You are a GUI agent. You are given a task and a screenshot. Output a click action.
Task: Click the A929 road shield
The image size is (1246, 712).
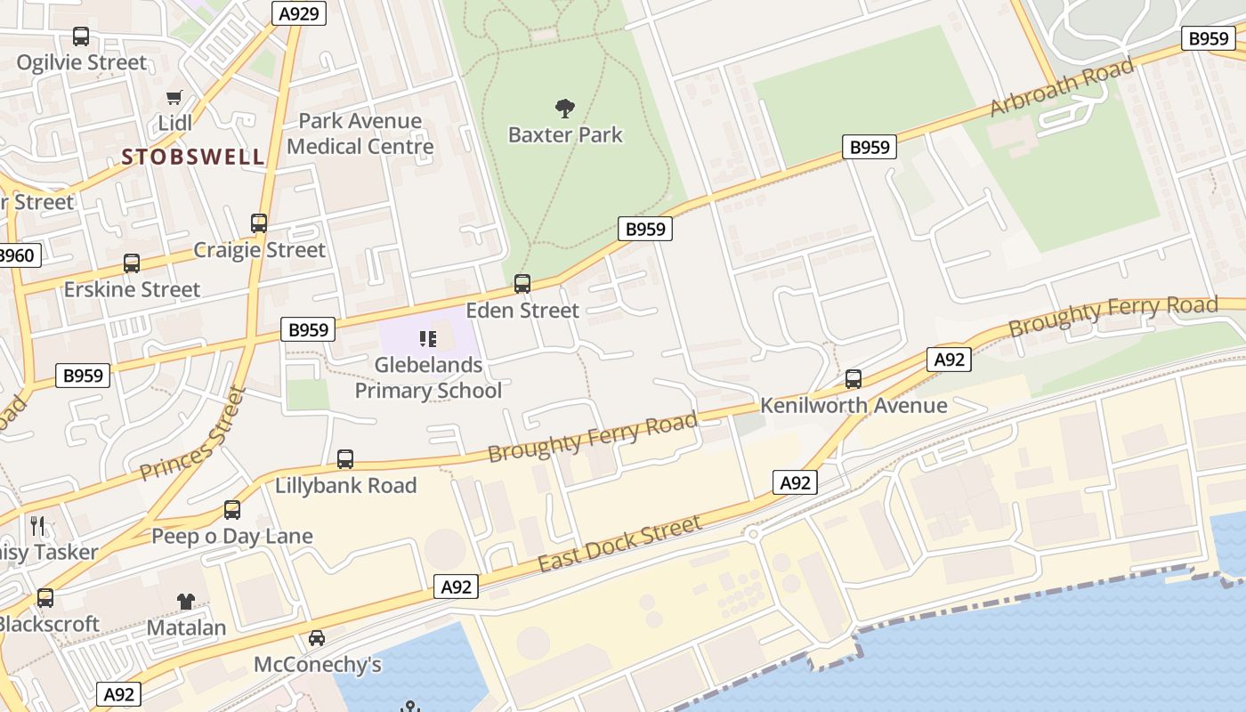(299, 12)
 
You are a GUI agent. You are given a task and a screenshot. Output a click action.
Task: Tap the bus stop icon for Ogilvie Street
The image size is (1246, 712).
(81, 36)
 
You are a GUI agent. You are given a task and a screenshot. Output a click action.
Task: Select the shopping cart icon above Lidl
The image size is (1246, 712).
(174, 97)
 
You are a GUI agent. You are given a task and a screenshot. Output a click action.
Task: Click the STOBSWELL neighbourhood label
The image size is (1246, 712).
(193, 158)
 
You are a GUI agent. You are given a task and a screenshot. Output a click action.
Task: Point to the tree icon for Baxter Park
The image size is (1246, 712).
(565, 109)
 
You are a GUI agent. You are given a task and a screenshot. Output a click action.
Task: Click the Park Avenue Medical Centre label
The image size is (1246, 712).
(360, 133)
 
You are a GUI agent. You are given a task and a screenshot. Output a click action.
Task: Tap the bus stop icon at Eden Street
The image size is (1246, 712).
(522, 284)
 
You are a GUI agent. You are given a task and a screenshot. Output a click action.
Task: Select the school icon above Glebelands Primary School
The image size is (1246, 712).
(428, 338)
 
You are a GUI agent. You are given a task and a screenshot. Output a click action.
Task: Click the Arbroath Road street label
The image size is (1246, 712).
(1062, 86)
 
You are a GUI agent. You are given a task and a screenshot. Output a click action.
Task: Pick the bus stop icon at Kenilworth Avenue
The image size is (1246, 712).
(854, 379)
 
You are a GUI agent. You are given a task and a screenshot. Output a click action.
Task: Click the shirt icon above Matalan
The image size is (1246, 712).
(185, 601)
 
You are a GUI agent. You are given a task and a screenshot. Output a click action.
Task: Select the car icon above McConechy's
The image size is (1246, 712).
(317, 638)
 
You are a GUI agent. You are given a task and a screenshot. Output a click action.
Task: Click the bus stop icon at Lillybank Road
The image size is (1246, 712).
(345, 459)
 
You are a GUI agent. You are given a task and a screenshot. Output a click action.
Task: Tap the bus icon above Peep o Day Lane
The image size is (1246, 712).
(232, 510)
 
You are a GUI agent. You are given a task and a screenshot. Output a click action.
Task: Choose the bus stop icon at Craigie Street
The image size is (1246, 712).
(259, 223)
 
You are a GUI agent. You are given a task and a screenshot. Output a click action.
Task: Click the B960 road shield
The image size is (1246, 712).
(16, 256)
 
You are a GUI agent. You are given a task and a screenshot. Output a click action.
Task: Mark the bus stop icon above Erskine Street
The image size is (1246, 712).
(132, 263)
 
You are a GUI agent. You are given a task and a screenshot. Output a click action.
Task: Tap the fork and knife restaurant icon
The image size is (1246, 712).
(37, 526)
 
